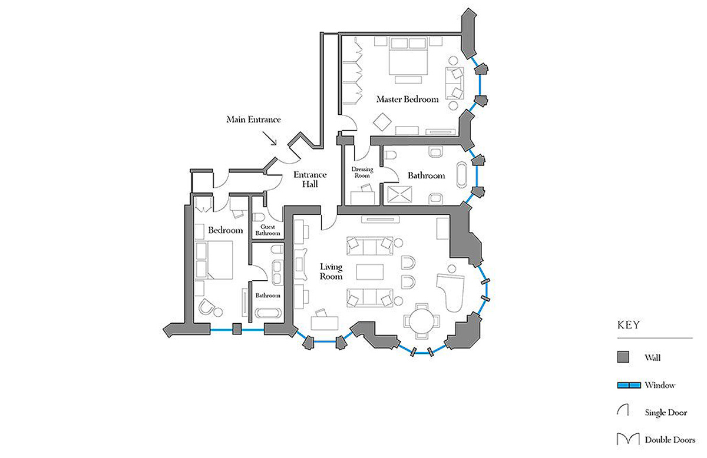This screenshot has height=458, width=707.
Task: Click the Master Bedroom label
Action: pyautogui.click(x=408, y=99)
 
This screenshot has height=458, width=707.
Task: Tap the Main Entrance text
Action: pyautogui.click(x=253, y=120)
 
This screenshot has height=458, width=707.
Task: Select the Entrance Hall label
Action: pyautogui.click(x=310, y=180)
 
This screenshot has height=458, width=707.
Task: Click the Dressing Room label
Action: pyautogui.click(x=362, y=172)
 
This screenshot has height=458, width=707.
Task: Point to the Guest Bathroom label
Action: pyautogui.click(x=267, y=230)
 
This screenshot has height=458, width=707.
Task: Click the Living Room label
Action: pyautogui.click(x=331, y=271)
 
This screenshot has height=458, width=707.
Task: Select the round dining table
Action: pyautogui.click(x=421, y=321)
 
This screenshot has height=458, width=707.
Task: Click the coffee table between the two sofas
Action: pyautogui.click(x=370, y=272)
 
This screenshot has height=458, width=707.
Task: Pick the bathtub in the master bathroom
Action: pyautogui.click(x=461, y=175)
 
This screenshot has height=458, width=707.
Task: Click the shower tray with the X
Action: pyautogui.click(x=399, y=194)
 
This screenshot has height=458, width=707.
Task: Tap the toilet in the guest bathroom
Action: pyautogui.click(x=259, y=217)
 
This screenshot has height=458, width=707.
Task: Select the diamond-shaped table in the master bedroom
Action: pyautogui.click(x=382, y=122)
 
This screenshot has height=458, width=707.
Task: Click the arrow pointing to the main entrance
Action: pyautogui.click(x=270, y=138)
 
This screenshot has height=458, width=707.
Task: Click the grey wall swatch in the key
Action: pyautogui.click(x=623, y=357)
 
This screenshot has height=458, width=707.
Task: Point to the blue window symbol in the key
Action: pyautogui.click(x=629, y=385)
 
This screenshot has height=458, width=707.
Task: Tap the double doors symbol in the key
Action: pyautogui.click(x=628, y=439)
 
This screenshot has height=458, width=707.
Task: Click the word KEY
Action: pyautogui.click(x=629, y=325)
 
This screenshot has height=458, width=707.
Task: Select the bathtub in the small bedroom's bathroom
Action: pyautogui.click(x=268, y=313)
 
